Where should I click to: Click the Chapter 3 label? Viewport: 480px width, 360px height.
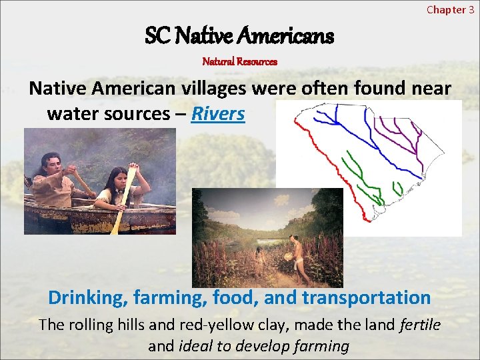450,9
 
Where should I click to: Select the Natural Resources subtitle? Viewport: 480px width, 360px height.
239,61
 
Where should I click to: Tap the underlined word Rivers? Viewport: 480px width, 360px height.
218,113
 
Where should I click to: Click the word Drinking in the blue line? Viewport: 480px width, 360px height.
86,297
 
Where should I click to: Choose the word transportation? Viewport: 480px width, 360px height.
366,297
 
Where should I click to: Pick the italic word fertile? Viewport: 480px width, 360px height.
420,325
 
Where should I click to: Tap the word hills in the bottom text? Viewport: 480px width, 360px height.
136,325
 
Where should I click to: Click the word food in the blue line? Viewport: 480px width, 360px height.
233,297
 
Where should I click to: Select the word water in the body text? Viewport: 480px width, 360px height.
70,113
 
